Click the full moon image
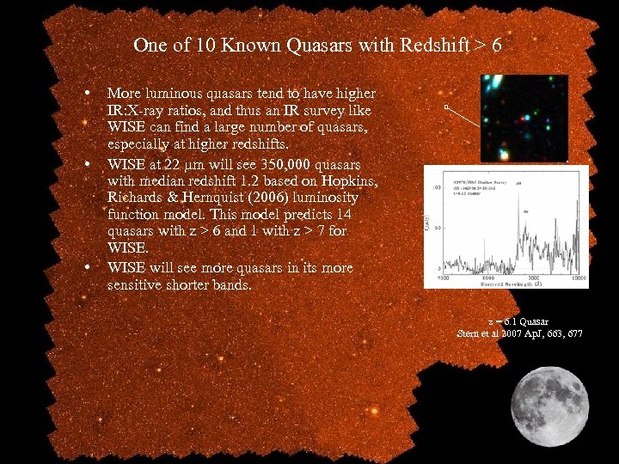[x=550, y=404]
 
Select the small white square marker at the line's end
[x=446, y=107]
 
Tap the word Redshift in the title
[x=438, y=46]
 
